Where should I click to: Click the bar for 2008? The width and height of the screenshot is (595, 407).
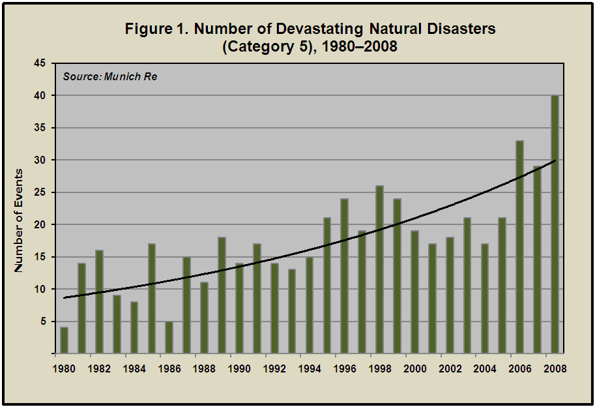point(555,224)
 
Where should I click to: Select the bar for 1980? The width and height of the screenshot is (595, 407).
point(64,340)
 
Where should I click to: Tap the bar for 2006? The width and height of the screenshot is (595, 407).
point(519,247)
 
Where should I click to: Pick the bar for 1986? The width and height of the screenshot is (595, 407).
point(169,337)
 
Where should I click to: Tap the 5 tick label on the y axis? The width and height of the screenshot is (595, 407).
point(42,322)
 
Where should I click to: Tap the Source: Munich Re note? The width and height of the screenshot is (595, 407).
point(110,77)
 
